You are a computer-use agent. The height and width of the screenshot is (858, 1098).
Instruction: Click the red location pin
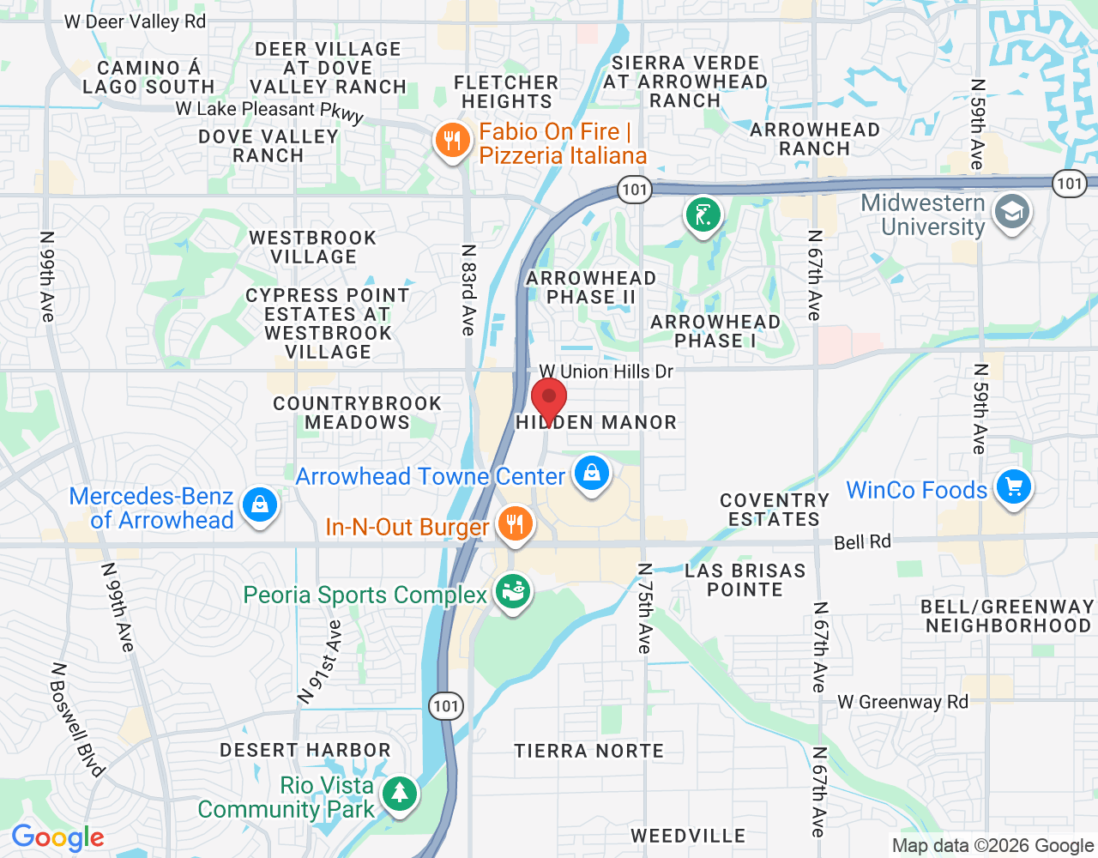[549, 400]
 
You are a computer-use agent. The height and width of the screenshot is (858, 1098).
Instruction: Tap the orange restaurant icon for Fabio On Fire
[452, 141]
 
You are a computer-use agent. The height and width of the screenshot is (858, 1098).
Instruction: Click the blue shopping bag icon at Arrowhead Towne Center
[591, 473]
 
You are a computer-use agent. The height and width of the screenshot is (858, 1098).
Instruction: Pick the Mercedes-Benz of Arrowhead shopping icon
[259, 504]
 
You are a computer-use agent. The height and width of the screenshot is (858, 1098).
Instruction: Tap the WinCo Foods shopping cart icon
[1013, 487]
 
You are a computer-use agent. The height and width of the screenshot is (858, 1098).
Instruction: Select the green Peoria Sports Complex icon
[513, 592]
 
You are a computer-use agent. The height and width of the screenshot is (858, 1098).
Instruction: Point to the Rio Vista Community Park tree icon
[399, 793]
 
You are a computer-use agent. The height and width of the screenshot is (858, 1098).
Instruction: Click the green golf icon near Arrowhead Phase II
[703, 214]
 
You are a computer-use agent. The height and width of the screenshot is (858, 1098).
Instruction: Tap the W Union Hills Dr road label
[606, 372]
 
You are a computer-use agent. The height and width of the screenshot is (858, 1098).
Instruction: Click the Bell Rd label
[862, 542]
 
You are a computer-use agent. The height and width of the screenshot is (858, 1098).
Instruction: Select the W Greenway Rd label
[902, 702]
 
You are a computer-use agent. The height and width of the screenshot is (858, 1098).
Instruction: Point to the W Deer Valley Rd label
[136, 21]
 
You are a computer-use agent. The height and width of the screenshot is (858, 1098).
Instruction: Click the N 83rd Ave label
[468, 290]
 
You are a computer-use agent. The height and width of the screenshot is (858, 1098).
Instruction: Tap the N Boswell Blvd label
[77, 720]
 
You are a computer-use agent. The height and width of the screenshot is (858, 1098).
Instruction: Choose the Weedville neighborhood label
[688, 836]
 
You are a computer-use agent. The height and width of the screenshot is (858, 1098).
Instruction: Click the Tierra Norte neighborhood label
[588, 752]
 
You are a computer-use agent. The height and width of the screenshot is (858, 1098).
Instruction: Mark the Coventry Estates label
[774, 510]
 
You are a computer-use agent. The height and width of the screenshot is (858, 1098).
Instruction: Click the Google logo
[57, 837]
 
